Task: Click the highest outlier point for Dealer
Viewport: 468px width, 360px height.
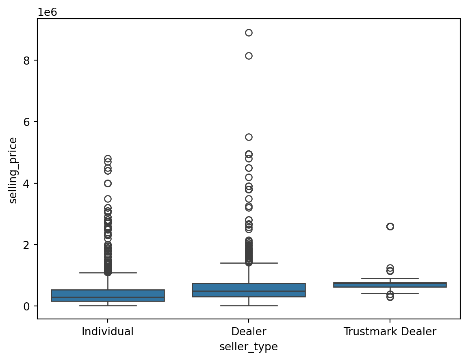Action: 249,33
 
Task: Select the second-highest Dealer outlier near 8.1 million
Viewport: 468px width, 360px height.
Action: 249,56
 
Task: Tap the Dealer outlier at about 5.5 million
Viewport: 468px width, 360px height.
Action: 249,137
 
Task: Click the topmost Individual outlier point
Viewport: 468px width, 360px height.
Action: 108,158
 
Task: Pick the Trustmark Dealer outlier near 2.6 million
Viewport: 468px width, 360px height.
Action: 390,226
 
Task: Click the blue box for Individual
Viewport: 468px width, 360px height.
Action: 108,295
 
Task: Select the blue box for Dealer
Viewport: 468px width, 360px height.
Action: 249,290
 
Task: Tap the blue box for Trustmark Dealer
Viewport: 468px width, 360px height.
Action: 390,285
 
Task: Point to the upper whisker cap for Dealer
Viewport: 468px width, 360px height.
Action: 249,263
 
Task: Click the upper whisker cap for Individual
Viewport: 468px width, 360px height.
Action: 108,273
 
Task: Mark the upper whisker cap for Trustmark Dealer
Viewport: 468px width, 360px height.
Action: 390,278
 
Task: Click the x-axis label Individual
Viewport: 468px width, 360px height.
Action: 108,332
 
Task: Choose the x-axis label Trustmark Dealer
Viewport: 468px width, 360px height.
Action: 390,332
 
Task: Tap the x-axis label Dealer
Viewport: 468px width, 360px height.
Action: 249,332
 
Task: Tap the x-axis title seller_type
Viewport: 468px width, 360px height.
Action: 249,347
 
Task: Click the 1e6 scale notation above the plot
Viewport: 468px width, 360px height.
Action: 48,12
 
